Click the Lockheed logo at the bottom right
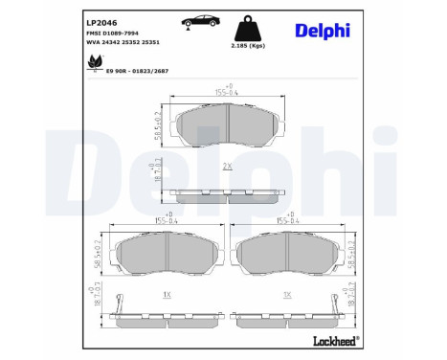333,340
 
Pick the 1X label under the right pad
286,295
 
